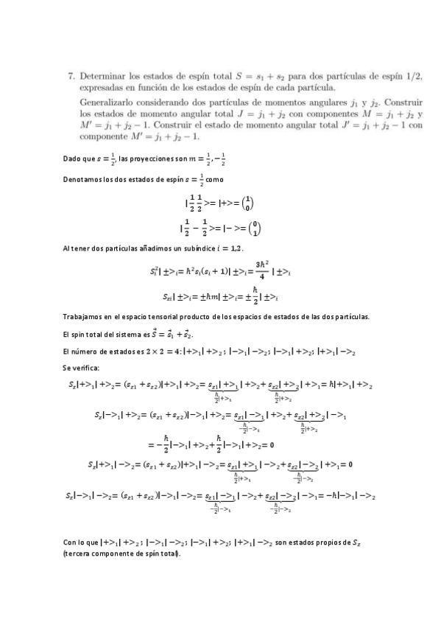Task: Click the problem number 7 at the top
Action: (71, 75)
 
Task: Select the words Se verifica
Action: (81, 367)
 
